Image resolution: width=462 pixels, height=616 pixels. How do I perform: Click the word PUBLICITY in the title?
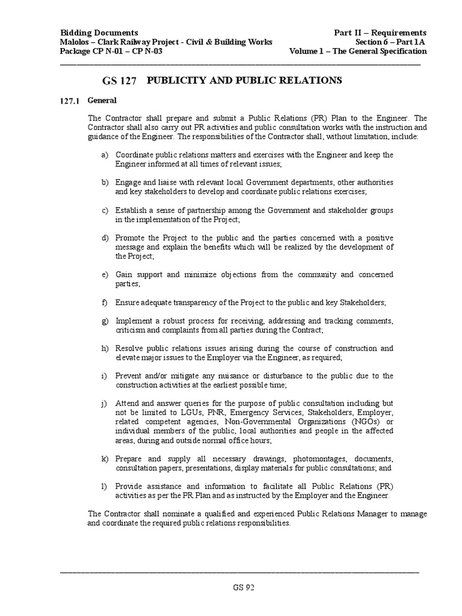(x=176, y=79)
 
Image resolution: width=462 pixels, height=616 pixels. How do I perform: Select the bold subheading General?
(x=102, y=100)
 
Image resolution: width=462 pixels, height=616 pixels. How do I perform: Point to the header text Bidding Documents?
(x=99, y=32)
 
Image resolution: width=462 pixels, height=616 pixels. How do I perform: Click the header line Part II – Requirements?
(x=380, y=32)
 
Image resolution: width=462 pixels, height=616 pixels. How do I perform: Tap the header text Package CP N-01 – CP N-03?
(x=111, y=51)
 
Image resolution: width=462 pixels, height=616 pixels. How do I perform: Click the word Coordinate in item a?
(x=136, y=155)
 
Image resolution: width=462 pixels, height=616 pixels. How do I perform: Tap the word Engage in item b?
(x=128, y=182)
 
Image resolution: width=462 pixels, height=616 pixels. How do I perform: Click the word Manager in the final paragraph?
(x=375, y=514)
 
